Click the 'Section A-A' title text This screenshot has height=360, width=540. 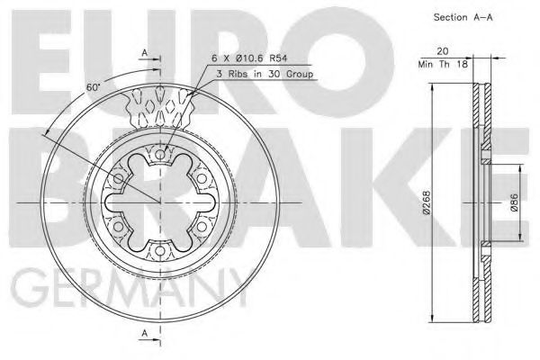[x=463, y=17]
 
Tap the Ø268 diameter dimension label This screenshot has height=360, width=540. [x=427, y=202]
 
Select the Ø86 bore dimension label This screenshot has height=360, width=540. [x=514, y=202]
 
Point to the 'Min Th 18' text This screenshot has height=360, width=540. [x=443, y=64]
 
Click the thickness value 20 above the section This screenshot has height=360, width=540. [x=443, y=51]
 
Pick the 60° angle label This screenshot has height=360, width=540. [x=93, y=86]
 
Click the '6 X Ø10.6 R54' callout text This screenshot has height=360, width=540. [x=249, y=58]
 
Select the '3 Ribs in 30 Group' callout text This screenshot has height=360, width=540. [x=265, y=74]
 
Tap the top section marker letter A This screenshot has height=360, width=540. [x=145, y=53]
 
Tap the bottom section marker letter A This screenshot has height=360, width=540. [x=145, y=333]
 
